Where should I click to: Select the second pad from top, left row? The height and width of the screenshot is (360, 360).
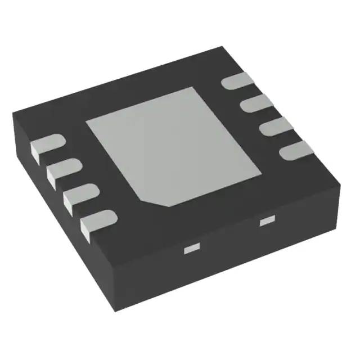pos(61,169)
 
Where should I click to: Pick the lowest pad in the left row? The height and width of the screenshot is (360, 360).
pos(96,220)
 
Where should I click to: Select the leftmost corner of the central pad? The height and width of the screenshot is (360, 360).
pos(86,122)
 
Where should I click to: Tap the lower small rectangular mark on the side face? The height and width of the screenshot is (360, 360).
pos(192,247)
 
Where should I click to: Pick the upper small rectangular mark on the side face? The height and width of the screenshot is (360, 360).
pos(265,221)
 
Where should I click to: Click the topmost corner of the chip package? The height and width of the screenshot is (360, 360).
pos(223,47)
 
